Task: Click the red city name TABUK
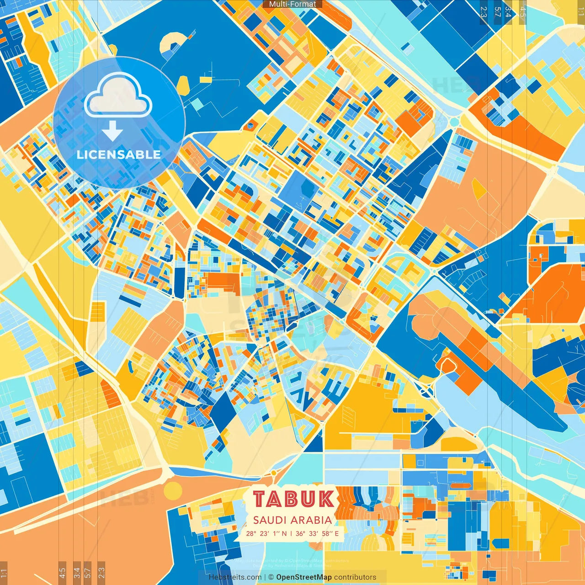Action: coord(293,499)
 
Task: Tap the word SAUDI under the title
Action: coord(268,520)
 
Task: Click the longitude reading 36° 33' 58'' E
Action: coord(317,533)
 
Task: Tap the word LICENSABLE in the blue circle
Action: coord(119,154)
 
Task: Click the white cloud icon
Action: coord(118,96)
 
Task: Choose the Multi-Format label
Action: coord(292,4)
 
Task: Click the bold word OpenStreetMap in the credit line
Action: coord(304,577)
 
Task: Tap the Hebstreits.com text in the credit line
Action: coord(235,577)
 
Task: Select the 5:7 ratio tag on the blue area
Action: coord(497,12)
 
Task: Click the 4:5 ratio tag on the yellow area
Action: coord(523,12)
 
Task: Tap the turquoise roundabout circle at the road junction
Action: coord(454,122)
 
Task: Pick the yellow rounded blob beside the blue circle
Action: coord(182,85)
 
